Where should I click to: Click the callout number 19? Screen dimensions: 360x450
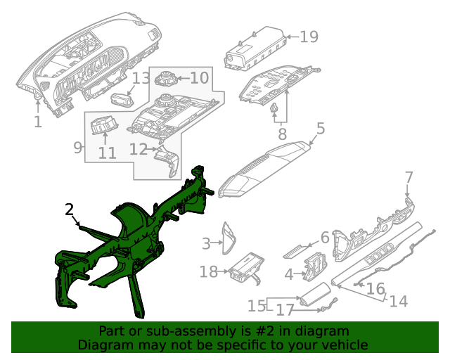(309, 37)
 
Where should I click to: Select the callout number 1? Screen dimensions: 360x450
(37, 122)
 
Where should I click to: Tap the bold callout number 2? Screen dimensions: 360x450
(69, 209)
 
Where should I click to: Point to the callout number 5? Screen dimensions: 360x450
(320, 129)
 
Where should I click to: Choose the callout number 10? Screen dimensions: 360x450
(199, 77)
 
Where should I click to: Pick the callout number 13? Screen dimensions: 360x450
(141, 77)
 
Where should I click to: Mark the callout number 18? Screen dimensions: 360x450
(209, 272)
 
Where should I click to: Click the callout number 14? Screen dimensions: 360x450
(398, 301)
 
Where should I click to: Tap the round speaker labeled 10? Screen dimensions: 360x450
(166, 79)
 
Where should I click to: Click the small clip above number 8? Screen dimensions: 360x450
(275, 109)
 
